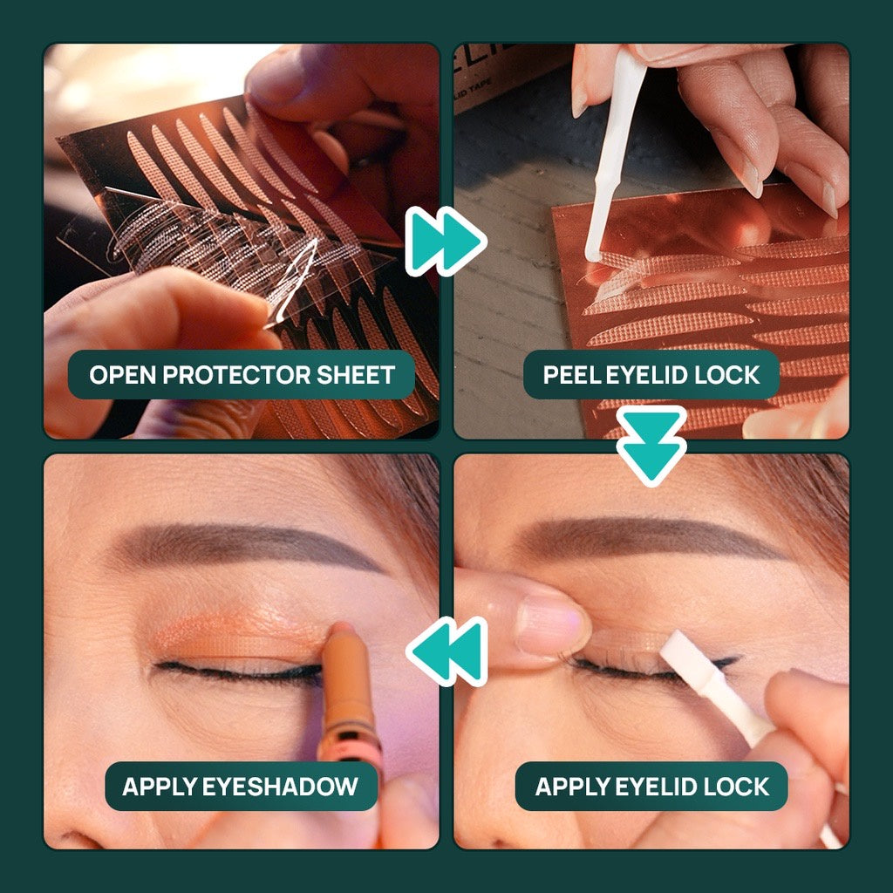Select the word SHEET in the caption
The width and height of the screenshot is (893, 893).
pos(356,375)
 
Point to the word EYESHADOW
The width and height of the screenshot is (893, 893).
pos(280,787)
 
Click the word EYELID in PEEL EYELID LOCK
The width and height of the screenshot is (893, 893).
pos(646,375)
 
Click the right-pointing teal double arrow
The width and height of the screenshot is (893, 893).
pos(446,242)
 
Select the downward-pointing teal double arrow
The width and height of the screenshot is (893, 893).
pos(651,446)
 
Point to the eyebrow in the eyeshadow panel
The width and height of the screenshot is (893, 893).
pos(245,545)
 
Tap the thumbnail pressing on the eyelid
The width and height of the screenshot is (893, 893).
pos(549,624)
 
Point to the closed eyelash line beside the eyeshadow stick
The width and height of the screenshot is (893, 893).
pos(239,671)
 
